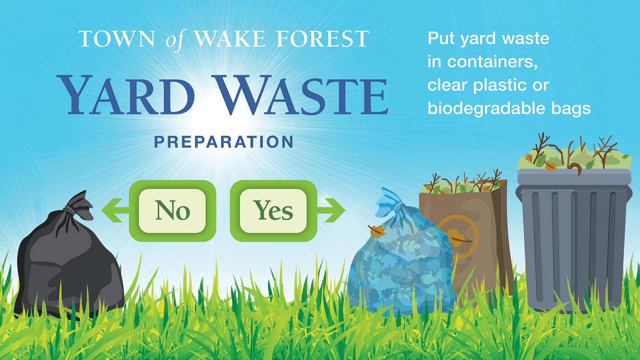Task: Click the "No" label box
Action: click(x=172, y=211)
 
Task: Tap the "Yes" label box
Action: click(x=274, y=211)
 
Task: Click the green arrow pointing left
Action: click(x=115, y=210)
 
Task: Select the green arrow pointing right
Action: click(x=331, y=210)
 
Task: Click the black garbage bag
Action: click(x=69, y=259)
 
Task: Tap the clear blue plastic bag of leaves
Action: click(x=401, y=259)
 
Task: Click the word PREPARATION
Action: click(x=224, y=142)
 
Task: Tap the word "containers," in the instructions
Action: click(x=492, y=62)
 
